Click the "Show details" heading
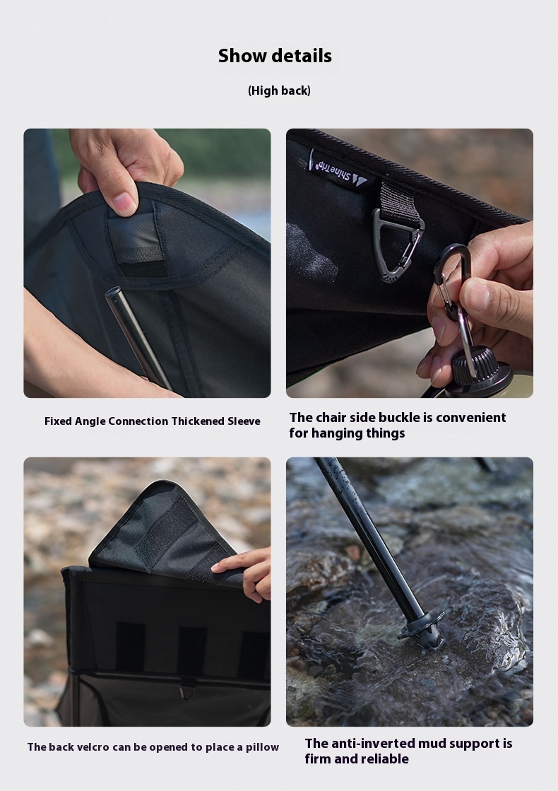click(275, 56)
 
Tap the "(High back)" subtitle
click(279, 90)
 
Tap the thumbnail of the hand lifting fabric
click(147, 263)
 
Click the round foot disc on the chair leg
click(422, 626)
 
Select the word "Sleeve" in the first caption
click(244, 421)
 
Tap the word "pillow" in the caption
click(262, 747)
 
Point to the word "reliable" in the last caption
click(385, 758)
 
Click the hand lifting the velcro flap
click(246, 573)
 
